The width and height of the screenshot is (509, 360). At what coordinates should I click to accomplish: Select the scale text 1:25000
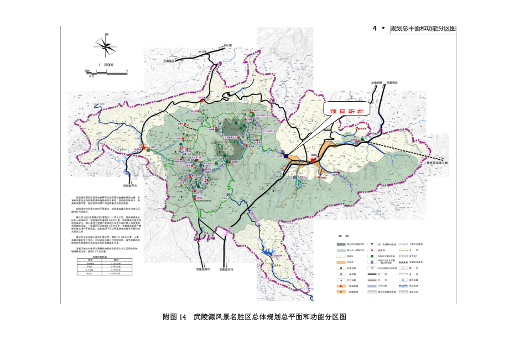[x=105, y=65]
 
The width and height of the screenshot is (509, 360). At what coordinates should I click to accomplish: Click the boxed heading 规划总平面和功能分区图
[x=423, y=29]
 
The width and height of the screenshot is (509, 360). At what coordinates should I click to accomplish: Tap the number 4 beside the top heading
[x=375, y=28]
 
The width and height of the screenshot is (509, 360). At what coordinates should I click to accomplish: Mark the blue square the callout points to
[x=285, y=156]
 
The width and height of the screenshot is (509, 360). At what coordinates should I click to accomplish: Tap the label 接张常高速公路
[x=443, y=164]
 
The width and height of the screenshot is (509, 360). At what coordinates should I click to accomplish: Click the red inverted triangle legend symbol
[x=377, y=244]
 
